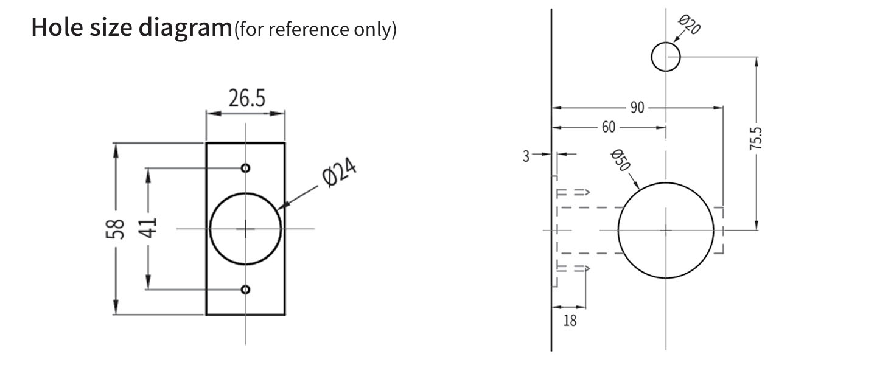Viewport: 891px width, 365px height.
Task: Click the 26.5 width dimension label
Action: pos(246,99)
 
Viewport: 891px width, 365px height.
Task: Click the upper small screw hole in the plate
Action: pos(245,168)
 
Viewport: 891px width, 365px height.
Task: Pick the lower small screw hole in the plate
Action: pos(245,290)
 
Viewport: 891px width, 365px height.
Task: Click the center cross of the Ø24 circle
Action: pos(246,229)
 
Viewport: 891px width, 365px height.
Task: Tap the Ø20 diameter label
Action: pos(688,26)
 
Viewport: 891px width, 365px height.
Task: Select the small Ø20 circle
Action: pos(665,58)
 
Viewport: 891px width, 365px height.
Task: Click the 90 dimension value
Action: pos(637,108)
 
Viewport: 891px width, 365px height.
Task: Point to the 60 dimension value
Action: pos(608,128)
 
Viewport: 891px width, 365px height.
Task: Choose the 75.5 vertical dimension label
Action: pos(756,139)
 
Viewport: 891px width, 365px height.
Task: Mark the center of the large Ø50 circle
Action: pos(666,231)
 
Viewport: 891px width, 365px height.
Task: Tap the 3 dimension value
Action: pos(526,156)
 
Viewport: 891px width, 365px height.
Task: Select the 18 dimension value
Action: pos(570,321)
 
